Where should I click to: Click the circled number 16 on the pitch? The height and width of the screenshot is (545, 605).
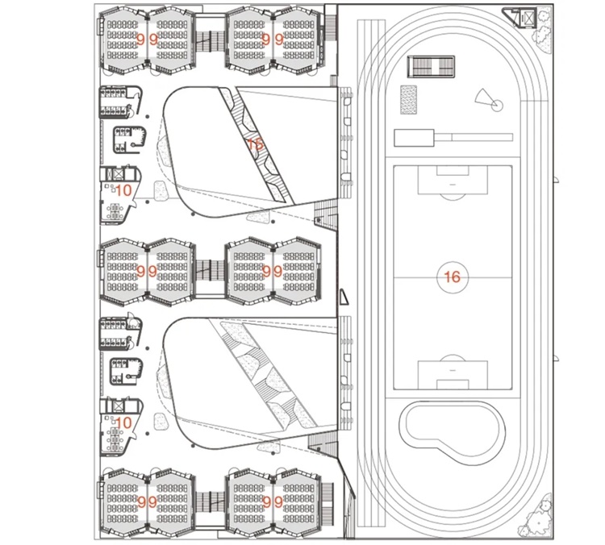(x=452, y=277)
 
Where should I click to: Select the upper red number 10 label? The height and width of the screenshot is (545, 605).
(x=123, y=191)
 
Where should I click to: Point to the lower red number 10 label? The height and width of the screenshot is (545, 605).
(x=123, y=422)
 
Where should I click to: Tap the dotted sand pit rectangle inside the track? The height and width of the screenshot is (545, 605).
(x=409, y=100)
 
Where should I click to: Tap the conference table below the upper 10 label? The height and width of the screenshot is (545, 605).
(x=115, y=212)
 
